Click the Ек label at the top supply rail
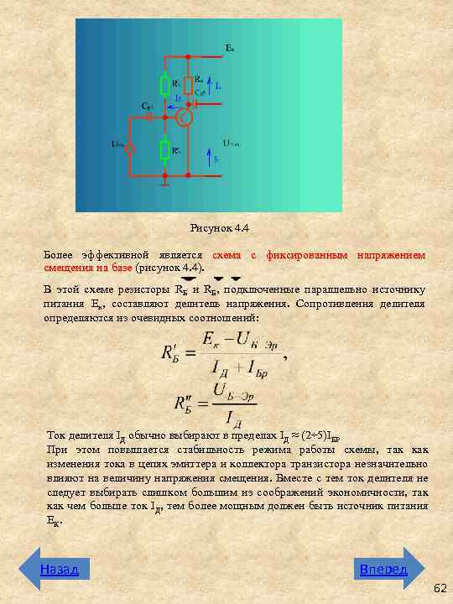(x=230, y=48)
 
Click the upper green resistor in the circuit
(x=165, y=85)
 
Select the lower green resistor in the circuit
(x=165, y=150)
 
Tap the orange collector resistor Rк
(x=190, y=81)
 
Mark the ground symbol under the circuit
(x=165, y=180)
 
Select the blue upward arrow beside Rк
(x=210, y=85)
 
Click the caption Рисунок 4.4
(x=220, y=228)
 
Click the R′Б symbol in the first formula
(x=173, y=353)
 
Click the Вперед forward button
(x=383, y=570)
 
